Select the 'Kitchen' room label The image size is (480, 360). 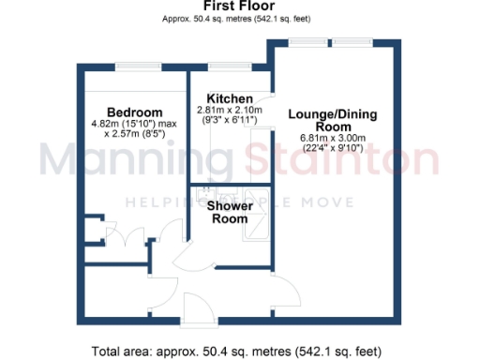point(229,98)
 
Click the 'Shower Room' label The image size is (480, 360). point(229,212)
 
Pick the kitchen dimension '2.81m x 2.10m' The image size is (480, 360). point(230,111)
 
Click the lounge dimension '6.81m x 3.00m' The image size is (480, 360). point(333,139)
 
